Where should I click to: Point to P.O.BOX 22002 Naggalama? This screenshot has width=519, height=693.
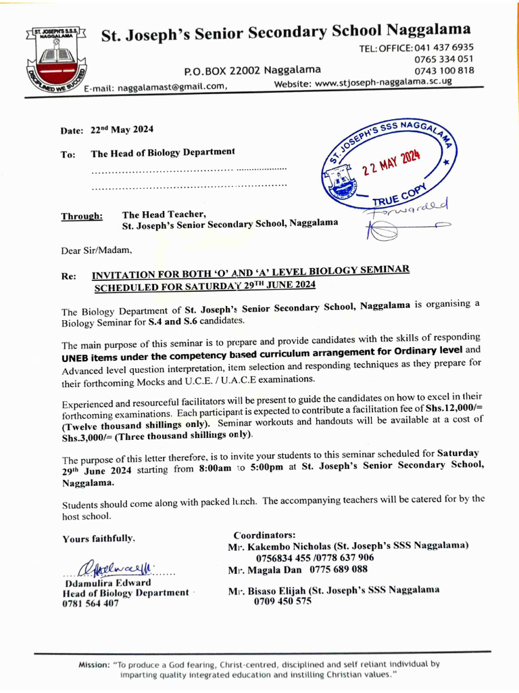pos(252,70)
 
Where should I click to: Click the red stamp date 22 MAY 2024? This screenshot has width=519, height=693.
pos(391,162)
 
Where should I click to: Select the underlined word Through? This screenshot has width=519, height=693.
pos(82,217)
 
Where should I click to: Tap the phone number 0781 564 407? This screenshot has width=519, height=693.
pos(91,604)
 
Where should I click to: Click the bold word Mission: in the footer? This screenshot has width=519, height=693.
pos(94,665)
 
